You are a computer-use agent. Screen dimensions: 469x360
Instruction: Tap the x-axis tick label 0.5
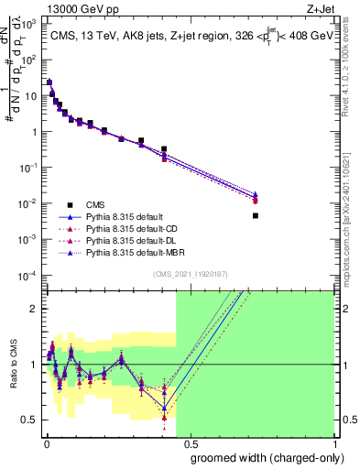click(191, 443)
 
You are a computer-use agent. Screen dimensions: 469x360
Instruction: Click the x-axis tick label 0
click(47, 443)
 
